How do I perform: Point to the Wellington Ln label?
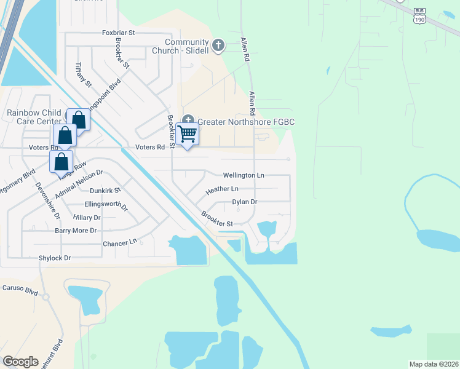(244, 175)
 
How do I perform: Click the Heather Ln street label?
(221, 190)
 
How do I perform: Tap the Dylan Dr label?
(244, 202)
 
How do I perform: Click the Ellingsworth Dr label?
(105, 205)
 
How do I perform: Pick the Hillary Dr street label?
(86, 218)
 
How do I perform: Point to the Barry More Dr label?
(76, 231)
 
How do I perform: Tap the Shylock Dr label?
(55, 258)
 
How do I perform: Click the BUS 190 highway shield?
(419, 15)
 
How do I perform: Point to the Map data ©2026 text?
(433, 364)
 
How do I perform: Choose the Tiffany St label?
(82, 74)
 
